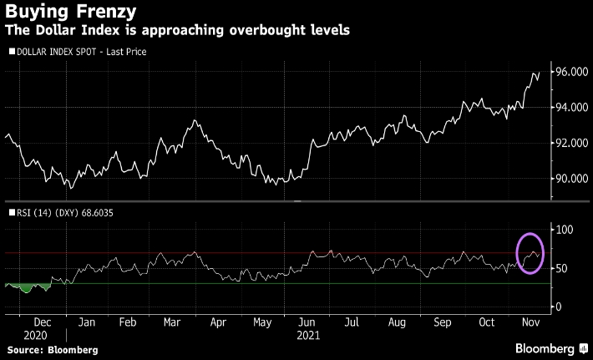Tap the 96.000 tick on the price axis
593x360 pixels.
(x=573, y=73)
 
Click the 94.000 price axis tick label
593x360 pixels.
(x=573, y=108)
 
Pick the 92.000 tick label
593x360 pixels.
(x=573, y=143)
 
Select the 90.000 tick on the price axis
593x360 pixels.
(x=573, y=178)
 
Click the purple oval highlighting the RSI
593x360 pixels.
(x=531, y=251)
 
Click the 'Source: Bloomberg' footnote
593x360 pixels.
(x=49, y=348)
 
